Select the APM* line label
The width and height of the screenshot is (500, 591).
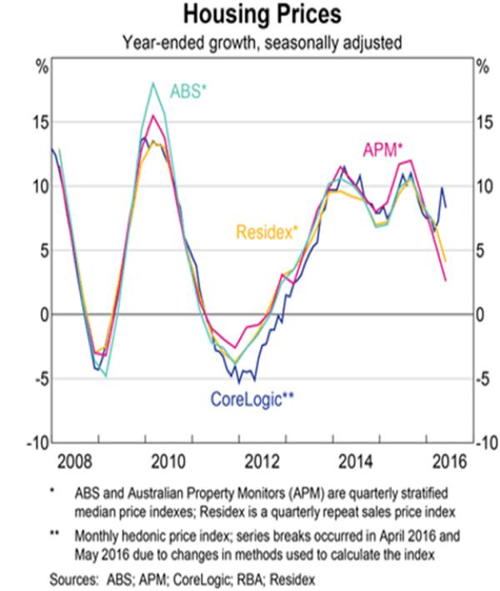click(383, 149)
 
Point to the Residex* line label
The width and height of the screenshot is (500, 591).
click(266, 232)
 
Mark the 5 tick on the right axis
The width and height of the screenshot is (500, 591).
click(481, 250)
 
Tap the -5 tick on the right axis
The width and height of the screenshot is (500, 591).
click(483, 379)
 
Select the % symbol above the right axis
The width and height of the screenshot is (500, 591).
click(481, 66)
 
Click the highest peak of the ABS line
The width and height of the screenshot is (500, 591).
click(153, 83)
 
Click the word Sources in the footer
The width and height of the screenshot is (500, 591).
click(71, 575)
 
